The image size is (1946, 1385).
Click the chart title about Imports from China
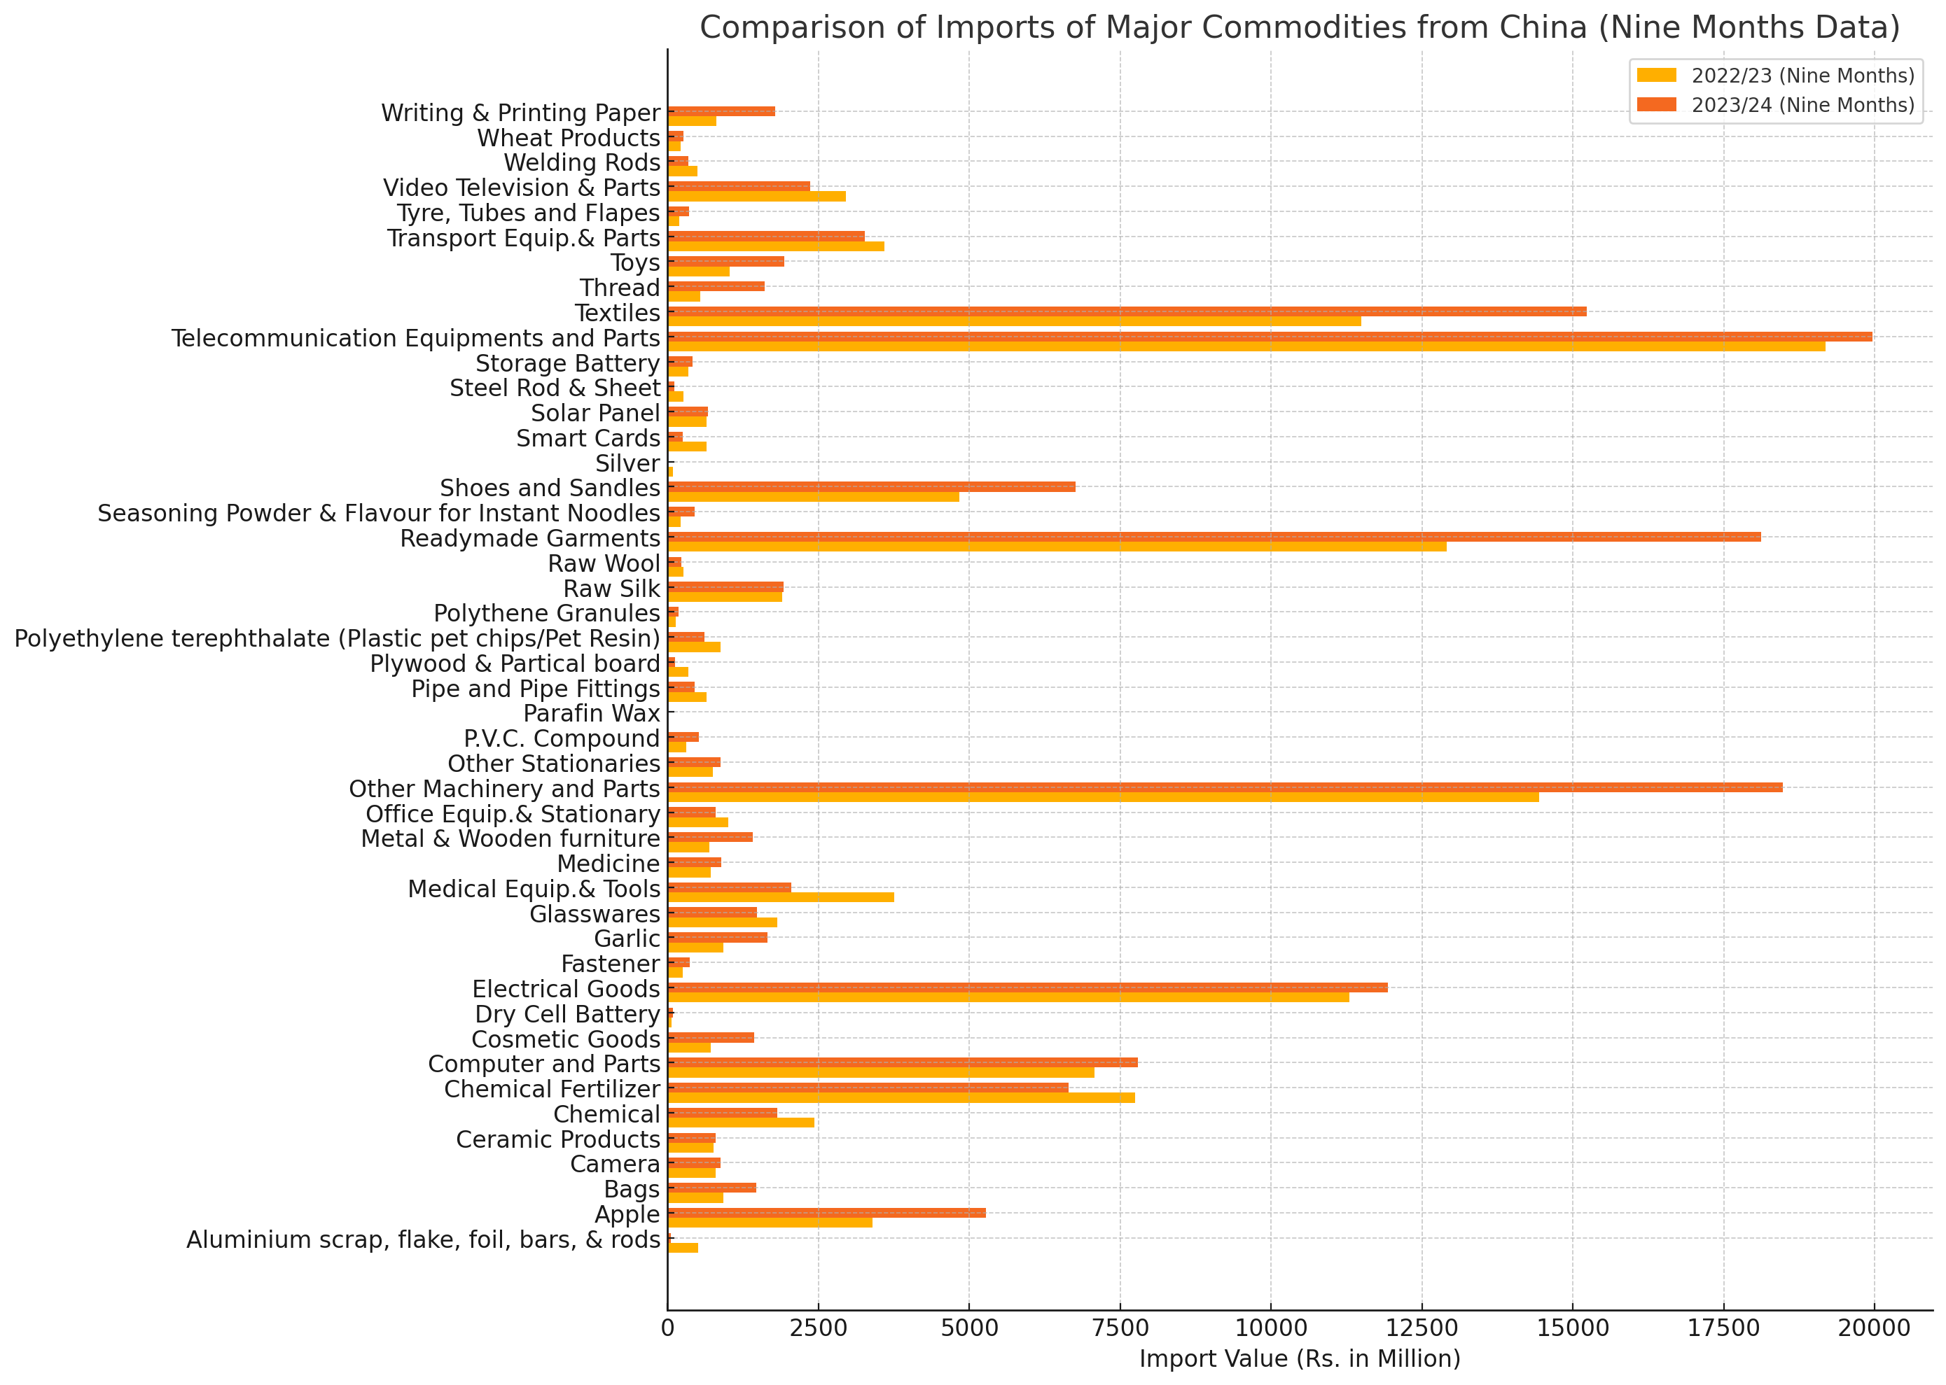[1300, 28]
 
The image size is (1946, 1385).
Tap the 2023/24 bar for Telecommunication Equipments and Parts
[1270, 337]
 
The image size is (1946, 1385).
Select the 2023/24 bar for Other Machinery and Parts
[1224, 787]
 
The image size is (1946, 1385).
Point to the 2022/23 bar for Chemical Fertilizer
[901, 1097]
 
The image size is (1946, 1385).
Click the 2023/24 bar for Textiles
[1126, 311]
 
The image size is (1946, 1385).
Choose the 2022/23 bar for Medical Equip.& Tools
[781, 897]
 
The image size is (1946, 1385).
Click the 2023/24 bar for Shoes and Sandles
[871, 487]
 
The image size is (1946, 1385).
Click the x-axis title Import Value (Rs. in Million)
[1300, 1358]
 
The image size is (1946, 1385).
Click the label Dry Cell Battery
[567, 1015]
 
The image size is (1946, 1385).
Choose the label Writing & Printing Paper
[520, 113]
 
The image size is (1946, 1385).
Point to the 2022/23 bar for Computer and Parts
[880, 1073]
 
